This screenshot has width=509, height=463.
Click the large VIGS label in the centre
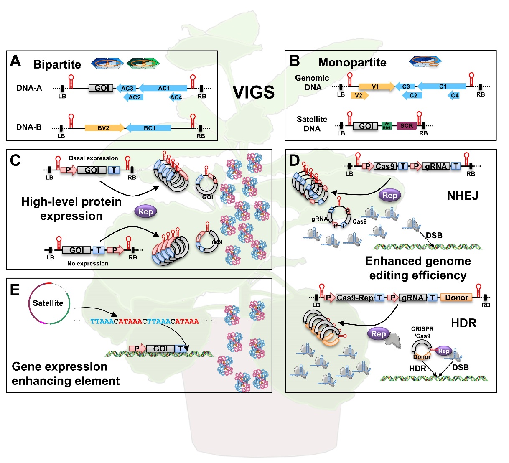tap(253, 92)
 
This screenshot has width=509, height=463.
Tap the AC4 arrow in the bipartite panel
tap(176, 97)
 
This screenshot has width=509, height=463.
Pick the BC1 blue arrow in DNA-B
tap(149, 128)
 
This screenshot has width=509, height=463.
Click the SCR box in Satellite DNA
tap(406, 126)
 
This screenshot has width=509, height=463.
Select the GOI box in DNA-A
tap(101, 88)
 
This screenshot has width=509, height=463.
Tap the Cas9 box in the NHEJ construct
tap(385, 166)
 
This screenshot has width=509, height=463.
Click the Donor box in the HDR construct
tap(456, 298)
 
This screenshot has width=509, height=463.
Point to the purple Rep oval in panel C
tap(145, 211)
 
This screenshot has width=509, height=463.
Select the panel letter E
tap(15, 290)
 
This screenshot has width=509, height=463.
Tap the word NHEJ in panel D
tap(462, 196)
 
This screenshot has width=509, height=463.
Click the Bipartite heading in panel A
tap(57, 64)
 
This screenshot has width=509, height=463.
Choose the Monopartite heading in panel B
tap(352, 62)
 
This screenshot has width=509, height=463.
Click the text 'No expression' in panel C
tap(88, 264)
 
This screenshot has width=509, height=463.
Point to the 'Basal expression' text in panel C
tap(93, 158)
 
